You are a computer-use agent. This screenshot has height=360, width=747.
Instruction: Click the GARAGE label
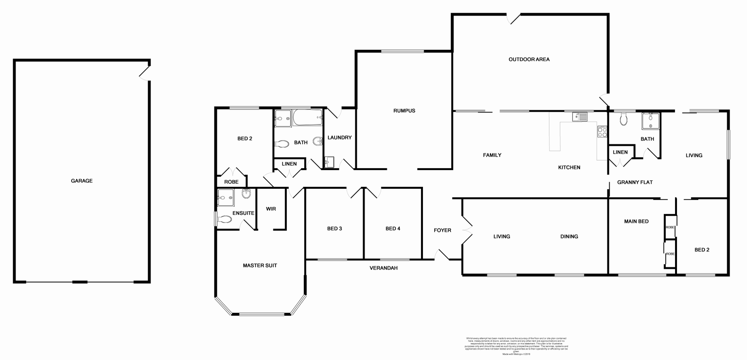82,181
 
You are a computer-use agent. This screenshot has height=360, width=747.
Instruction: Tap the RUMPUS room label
404,111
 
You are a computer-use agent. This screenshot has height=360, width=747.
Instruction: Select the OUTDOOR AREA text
529,59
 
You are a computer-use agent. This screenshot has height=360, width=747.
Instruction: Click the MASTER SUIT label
260,265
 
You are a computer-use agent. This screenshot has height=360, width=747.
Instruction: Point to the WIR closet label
271,209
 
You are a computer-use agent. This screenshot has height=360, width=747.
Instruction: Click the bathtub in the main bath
307,118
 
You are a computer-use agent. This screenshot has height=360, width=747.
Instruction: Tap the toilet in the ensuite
224,220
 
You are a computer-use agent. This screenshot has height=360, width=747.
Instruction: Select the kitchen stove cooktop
602,132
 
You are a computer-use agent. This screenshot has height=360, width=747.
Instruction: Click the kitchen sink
580,117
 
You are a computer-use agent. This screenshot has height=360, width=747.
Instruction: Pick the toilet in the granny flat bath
624,119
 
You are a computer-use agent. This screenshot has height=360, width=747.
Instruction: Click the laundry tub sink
329,162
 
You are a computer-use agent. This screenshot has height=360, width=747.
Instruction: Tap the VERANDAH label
383,268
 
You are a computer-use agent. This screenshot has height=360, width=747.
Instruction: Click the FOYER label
442,230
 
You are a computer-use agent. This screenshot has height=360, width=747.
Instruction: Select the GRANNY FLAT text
635,182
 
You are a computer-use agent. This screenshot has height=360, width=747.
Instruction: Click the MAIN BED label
636,221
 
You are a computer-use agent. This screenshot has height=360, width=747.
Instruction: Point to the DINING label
569,236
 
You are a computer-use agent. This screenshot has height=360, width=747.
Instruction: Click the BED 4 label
393,228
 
